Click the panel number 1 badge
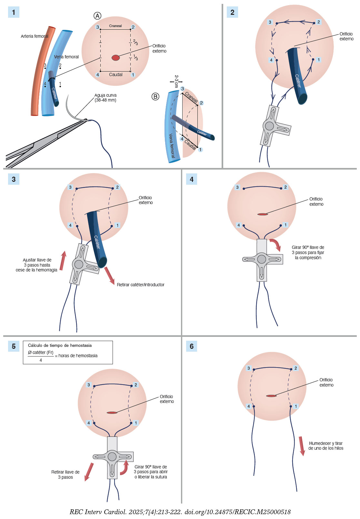[14, 12]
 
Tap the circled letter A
[97, 16]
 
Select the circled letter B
[155, 96]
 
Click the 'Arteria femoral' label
[35, 36]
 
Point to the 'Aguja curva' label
[105, 98]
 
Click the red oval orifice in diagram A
[115, 58]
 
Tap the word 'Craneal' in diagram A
[115, 26]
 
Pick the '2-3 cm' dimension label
[176, 81]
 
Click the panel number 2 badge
[232, 12]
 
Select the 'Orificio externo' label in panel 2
[346, 36]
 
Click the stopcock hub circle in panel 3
[79, 264]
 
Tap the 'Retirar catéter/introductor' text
[140, 285]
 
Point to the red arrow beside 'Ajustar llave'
[63, 260]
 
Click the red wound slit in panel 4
[263, 214]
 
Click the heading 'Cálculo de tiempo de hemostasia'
[60, 345]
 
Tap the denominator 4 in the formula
[41, 360]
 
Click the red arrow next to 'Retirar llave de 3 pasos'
[89, 472]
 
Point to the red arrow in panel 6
[302, 446]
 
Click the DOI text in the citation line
[237, 512]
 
